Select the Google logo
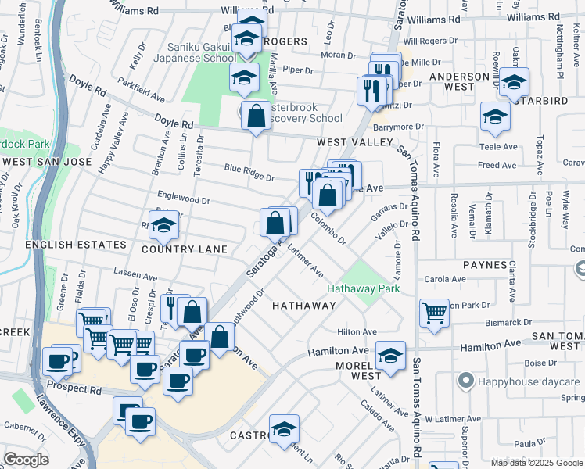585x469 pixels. click(26, 460)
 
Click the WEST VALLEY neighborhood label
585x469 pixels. click(354, 142)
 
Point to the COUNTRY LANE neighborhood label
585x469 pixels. click(185, 249)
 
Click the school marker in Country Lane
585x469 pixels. click(163, 226)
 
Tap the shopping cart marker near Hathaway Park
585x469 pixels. click(434, 313)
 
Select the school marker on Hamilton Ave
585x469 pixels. click(390, 355)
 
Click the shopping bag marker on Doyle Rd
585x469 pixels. click(256, 117)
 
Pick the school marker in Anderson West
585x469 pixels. click(514, 81)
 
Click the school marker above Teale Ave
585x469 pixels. click(495, 116)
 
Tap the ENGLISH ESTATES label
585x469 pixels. click(76, 245)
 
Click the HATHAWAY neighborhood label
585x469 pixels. click(303, 305)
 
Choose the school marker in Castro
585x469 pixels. click(284, 428)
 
